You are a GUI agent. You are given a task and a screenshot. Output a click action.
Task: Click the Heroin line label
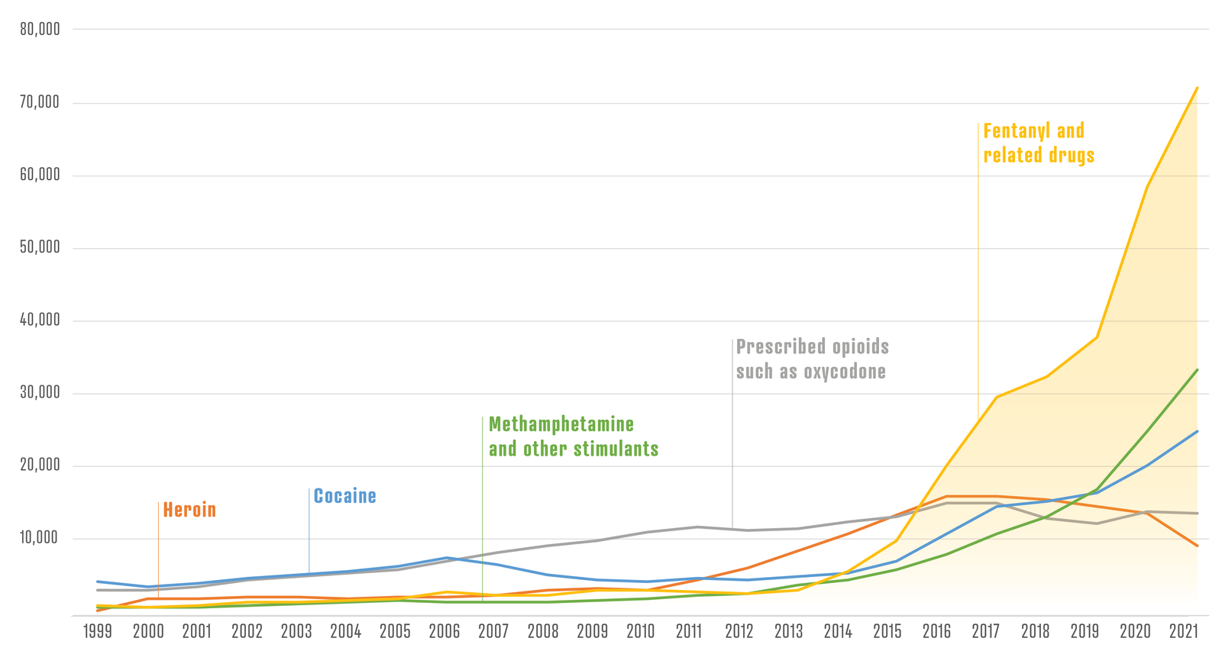(189, 510)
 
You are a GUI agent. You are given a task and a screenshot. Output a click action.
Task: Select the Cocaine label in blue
(344, 496)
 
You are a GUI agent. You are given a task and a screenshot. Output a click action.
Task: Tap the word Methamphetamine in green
(561, 424)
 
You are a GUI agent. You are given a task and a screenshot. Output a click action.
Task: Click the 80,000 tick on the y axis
(40, 30)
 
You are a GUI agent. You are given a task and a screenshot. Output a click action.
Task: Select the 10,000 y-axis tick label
(40, 538)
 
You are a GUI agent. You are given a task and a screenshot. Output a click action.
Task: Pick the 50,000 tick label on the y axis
(40, 247)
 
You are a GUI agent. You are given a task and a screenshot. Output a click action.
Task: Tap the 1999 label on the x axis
(98, 632)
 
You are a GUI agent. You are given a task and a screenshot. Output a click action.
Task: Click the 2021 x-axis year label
(1182, 632)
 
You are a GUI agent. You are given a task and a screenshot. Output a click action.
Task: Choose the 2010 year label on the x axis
(640, 632)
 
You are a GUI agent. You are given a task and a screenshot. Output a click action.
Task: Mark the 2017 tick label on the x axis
(985, 632)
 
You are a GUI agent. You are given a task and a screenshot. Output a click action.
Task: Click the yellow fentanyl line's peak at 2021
(1197, 88)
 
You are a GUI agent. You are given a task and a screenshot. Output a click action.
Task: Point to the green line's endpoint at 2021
(1197, 370)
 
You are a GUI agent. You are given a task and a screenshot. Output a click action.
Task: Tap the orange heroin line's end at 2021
(1197, 546)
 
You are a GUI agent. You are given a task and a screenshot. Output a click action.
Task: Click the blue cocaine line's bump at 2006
(445, 558)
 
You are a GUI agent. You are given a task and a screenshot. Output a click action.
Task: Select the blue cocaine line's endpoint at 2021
(1197, 432)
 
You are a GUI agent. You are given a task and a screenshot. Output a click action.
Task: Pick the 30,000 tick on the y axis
(40, 393)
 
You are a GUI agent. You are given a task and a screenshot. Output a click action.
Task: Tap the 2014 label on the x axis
(838, 632)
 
